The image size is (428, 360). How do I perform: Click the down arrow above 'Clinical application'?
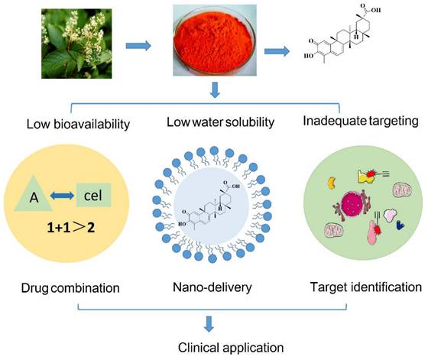[210, 323]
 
